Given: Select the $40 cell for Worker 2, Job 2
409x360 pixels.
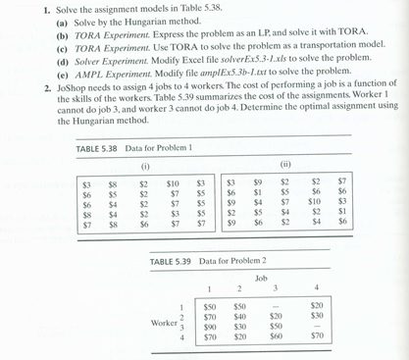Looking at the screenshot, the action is pos(239,315).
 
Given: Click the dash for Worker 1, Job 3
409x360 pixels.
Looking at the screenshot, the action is pos(278,304).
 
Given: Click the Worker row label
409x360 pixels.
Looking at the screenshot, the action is pos(163,320).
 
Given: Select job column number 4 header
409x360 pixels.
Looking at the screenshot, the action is pos(316,287).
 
